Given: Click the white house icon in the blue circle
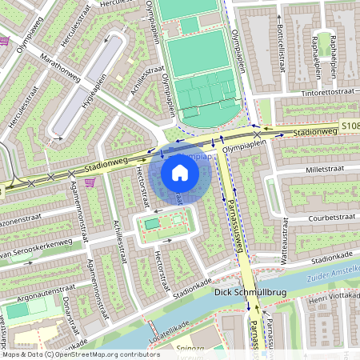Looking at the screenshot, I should (x=180, y=173).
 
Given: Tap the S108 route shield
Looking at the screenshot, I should (x=350, y=126).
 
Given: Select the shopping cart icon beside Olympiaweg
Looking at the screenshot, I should (x=4, y=41).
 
